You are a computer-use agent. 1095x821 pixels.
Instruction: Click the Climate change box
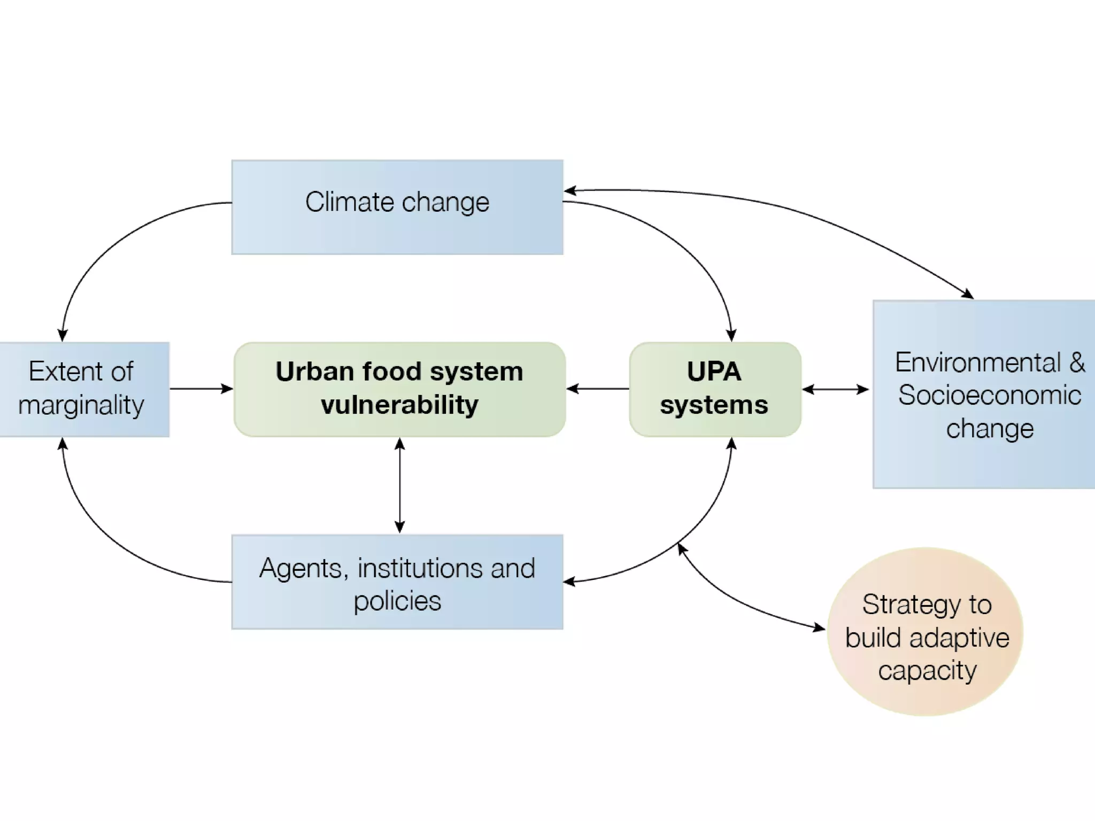pyautogui.click(x=397, y=207)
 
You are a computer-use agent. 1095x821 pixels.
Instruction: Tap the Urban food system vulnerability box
pyautogui.click(x=399, y=389)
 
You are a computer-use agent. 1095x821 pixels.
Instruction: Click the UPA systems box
pyautogui.click(x=715, y=389)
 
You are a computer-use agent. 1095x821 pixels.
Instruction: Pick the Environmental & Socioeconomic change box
pyautogui.click(x=984, y=394)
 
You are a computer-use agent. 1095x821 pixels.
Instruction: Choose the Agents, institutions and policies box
pyautogui.click(x=397, y=582)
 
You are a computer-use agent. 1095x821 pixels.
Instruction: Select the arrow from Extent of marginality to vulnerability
pyautogui.click(x=201, y=389)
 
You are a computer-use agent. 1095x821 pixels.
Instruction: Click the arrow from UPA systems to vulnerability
pyautogui.click(x=598, y=389)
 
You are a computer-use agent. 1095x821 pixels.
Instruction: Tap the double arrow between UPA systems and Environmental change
pyautogui.click(x=836, y=390)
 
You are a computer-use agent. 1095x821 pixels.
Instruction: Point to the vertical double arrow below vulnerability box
pyautogui.click(x=400, y=485)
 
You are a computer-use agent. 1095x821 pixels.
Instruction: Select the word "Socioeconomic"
pyautogui.click(x=990, y=396)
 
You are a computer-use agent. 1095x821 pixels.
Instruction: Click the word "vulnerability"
pyautogui.click(x=399, y=405)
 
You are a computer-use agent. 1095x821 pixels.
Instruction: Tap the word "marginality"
pyautogui.click(x=81, y=405)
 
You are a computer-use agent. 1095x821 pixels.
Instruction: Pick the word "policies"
pyautogui.click(x=397, y=601)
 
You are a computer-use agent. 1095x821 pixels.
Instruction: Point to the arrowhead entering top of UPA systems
pyautogui.click(x=731, y=336)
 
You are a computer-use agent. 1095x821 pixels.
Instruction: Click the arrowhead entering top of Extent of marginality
pyautogui.click(x=63, y=335)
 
